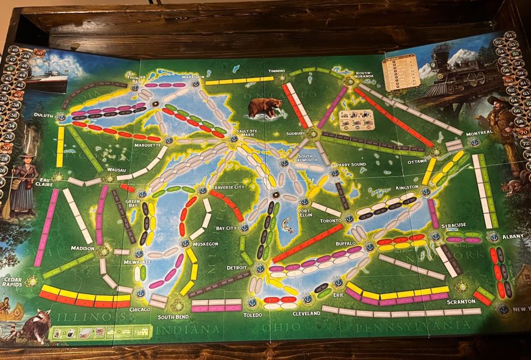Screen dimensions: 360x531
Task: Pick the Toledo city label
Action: point(253,315)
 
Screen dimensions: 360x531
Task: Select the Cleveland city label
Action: point(306,314)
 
